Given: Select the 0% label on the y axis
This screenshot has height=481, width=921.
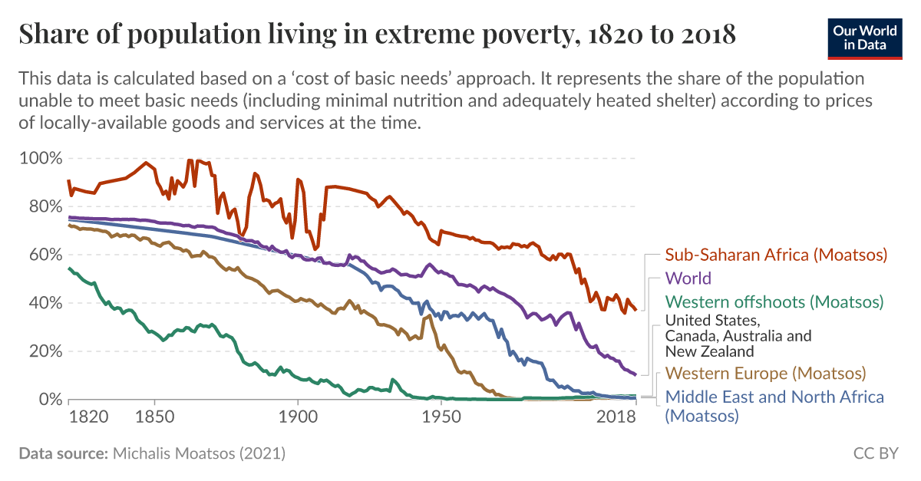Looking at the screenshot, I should (x=48, y=400).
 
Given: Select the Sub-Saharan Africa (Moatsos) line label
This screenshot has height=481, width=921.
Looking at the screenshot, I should (x=776, y=255).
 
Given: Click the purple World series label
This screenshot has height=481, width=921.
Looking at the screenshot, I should (x=688, y=278).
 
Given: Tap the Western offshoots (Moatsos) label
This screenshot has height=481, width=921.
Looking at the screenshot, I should (x=774, y=301).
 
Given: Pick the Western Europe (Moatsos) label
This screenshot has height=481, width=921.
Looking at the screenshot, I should (x=765, y=374).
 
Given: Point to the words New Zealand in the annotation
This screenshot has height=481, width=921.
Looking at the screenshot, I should (x=709, y=352).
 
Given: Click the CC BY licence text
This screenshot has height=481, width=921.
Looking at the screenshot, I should (x=875, y=453).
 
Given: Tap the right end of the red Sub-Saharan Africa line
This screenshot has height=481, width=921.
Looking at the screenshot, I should (x=635, y=309).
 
